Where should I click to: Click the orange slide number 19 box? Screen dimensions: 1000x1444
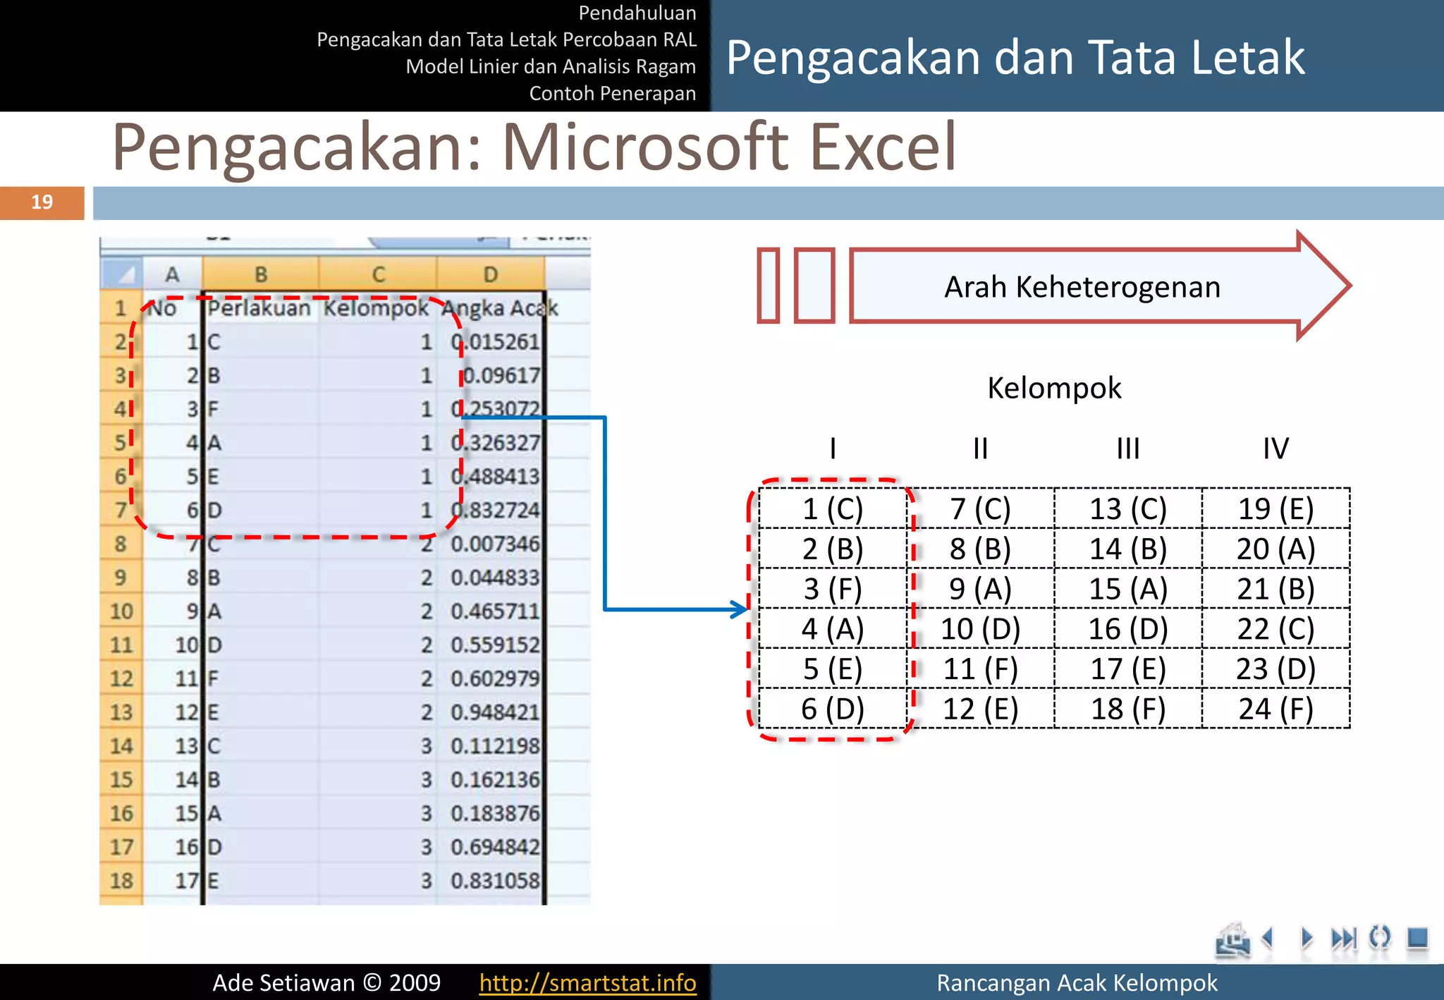pyautogui.click(x=42, y=202)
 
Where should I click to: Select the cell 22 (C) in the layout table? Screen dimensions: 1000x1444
pyautogui.click(x=1275, y=628)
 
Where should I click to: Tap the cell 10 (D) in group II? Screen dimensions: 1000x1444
pyautogui.click(x=980, y=628)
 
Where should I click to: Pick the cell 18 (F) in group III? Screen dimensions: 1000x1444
pyautogui.click(x=1128, y=709)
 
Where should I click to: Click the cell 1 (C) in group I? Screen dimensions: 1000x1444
pyautogui.click(x=833, y=508)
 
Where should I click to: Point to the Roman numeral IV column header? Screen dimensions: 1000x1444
pyautogui.click(x=1275, y=449)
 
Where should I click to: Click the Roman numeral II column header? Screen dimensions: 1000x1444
pyautogui.click(x=980, y=449)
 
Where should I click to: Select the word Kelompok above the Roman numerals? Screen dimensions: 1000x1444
pyautogui.click(x=1054, y=388)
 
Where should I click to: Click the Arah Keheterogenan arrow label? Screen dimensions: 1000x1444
pyautogui.click(x=1082, y=287)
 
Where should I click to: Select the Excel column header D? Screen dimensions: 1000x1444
pyautogui.click(x=490, y=274)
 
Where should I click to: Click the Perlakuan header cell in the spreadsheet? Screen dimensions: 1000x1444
pyautogui.click(x=259, y=308)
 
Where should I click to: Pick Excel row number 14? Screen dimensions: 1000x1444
pyautogui.click(x=121, y=745)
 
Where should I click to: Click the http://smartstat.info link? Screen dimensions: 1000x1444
pyautogui.click(x=587, y=982)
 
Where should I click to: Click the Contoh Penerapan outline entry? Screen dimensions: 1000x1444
pyautogui.click(x=612, y=93)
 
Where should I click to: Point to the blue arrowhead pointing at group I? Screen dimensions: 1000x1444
pyautogui.click(x=740, y=609)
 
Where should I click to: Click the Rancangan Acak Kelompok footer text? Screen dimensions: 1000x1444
pyautogui.click(x=1076, y=982)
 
